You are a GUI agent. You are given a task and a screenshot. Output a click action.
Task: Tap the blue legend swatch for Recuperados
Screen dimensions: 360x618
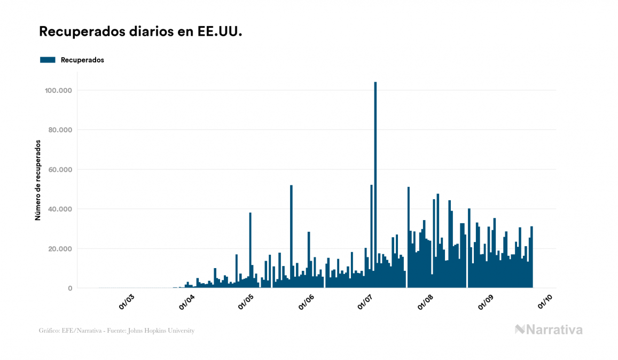click(x=48, y=60)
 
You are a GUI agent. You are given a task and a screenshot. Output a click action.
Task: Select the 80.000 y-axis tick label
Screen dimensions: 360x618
click(x=59, y=130)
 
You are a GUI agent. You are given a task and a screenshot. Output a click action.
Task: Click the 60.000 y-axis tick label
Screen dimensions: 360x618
click(x=59, y=170)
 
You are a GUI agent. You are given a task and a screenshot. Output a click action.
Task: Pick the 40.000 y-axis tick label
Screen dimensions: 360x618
click(x=59, y=209)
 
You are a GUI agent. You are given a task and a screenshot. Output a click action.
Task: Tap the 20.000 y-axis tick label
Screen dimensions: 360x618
click(x=59, y=249)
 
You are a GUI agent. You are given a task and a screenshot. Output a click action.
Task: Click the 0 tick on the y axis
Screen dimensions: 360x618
click(x=70, y=288)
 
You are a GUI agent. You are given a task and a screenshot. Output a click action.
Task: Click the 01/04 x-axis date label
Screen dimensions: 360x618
click(x=186, y=302)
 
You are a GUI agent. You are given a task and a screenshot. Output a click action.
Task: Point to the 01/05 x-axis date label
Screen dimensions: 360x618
click(x=246, y=302)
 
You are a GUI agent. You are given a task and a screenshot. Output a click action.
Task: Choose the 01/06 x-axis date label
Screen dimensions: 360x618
click(x=307, y=302)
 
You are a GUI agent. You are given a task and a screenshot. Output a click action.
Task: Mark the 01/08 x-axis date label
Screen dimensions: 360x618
click(x=427, y=302)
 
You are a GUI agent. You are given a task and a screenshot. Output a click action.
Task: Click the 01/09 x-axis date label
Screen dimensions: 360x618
click(x=488, y=302)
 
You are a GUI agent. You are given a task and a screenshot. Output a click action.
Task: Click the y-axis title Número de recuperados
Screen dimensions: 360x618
click(x=38, y=180)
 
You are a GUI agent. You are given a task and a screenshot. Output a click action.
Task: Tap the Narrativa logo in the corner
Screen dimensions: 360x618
click(x=549, y=330)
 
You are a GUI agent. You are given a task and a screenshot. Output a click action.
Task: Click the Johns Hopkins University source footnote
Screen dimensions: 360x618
click(x=116, y=331)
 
